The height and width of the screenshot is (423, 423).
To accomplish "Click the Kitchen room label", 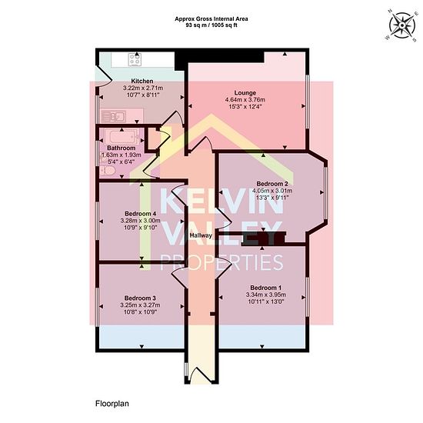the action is coord(142,81).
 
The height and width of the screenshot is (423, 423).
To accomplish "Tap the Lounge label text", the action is coord(245,93).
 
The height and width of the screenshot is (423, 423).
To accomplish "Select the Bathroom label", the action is coord(121,148).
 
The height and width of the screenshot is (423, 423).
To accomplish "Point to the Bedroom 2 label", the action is coord(272,184).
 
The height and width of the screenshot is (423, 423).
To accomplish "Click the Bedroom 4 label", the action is coord(140,214).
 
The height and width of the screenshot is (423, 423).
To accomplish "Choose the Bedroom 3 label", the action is coord(140,298).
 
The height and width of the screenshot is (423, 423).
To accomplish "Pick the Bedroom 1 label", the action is coord(266,288).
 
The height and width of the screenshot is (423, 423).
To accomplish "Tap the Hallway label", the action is coord(201,235).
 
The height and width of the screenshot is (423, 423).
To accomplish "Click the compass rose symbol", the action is coord(402,25).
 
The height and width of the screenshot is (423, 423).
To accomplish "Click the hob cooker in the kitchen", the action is coord(135,59).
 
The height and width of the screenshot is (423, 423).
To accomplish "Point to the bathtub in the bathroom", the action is coord(122,137).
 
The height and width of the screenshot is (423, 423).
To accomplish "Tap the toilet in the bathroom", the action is coord(108,171).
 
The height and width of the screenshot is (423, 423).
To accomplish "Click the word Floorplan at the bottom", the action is coord(112,404).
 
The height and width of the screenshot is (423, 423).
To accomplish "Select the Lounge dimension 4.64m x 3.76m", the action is coord(245,100).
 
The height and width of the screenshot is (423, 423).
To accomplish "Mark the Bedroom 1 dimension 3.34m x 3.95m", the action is coord(266,295).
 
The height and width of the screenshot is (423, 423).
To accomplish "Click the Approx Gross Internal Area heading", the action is coord(211,19).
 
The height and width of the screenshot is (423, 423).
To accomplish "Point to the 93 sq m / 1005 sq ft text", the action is coord(211,25).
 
